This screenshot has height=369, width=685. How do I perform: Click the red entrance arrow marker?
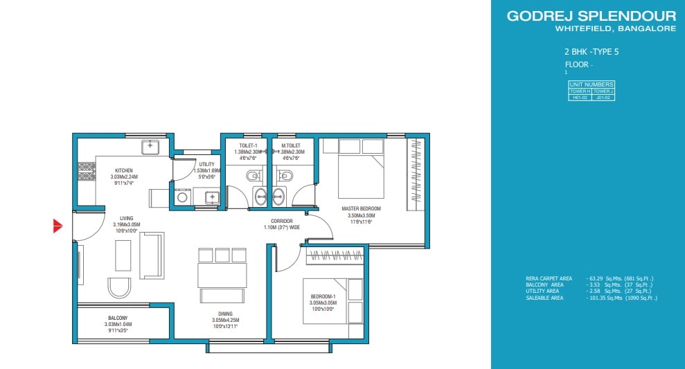58,226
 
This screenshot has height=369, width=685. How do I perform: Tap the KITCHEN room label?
124,171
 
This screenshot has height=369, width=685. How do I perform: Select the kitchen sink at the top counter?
151,147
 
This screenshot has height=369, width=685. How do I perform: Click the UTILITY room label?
207,164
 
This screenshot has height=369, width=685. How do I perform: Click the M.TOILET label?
290,145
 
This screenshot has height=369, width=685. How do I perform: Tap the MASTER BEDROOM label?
361,208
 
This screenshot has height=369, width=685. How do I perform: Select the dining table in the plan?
222,275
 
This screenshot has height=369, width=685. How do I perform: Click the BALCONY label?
107,318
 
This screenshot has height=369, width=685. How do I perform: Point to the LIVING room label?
126,218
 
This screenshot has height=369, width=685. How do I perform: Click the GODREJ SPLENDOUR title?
591,16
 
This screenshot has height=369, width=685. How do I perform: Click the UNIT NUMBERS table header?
591,84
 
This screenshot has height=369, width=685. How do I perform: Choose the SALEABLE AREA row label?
544,298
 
